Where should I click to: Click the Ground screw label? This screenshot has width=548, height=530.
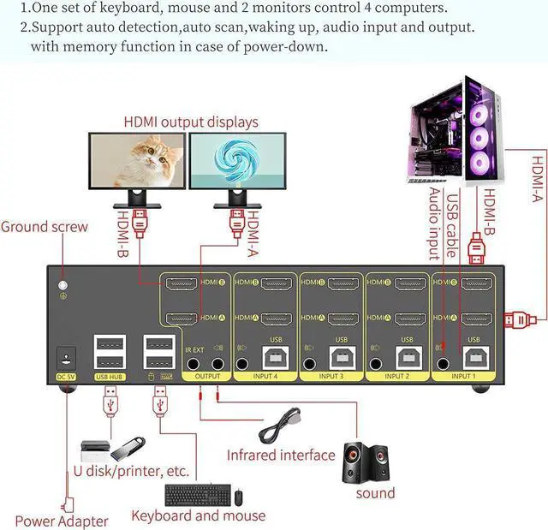point(45,227)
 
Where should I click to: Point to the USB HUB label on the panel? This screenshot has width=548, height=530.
point(110,376)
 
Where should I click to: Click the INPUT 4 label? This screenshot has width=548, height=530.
point(265,376)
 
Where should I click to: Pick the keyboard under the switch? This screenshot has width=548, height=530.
point(196,495)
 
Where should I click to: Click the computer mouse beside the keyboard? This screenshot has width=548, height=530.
point(239,496)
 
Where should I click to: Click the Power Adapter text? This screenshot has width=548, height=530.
point(62,521)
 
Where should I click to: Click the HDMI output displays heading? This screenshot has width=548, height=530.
point(190,122)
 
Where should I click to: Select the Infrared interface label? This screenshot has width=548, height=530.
point(281,455)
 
